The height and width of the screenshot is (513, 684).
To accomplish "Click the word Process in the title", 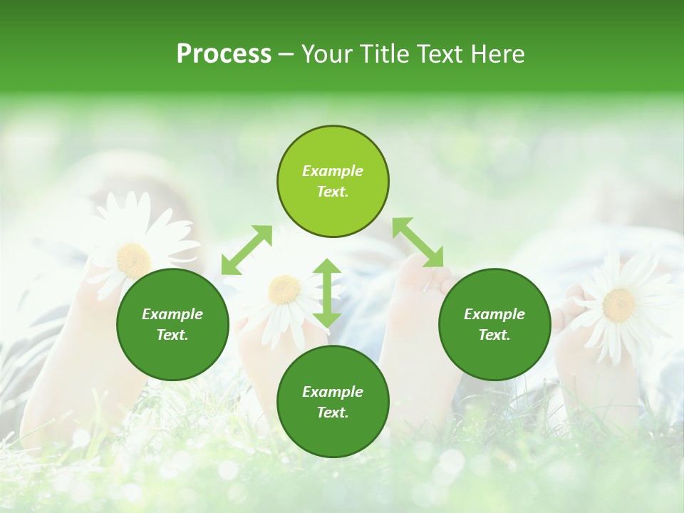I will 224,54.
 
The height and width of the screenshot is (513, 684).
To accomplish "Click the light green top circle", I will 333,182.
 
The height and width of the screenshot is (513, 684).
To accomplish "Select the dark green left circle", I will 172,324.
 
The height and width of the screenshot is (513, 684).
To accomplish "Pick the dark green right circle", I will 494,324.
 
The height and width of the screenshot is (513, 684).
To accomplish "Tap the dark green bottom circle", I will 333,402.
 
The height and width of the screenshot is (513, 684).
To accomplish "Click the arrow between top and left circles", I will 247,250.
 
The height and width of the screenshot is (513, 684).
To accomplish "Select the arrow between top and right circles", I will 418,242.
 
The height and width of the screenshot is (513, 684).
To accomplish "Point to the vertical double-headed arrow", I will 327,293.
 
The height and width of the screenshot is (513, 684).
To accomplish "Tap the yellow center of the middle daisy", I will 284,289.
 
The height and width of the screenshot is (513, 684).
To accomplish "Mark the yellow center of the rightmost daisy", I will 618,304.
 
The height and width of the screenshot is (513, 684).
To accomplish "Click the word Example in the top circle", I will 333,171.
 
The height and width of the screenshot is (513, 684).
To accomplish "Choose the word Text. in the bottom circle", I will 333,413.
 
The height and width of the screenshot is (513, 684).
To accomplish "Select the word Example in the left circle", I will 172,314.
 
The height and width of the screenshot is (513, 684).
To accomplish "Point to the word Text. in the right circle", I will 494,335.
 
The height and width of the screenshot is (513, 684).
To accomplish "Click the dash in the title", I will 286,55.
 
